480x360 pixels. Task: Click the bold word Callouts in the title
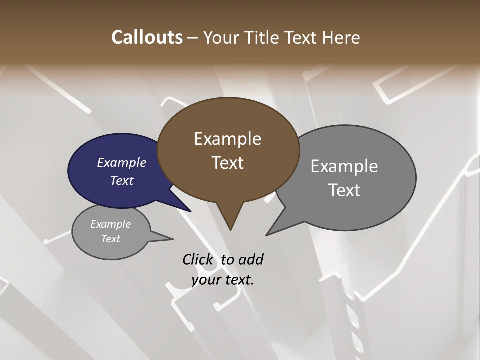(x=147, y=37)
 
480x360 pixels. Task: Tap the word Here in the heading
(x=341, y=37)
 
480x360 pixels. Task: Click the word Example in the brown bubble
(x=227, y=139)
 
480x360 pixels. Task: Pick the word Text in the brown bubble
(x=227, y=163)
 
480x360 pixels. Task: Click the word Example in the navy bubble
(x=122, y=163)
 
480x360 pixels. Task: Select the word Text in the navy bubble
(x=122, y=180)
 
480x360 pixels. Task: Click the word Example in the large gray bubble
(x=344, y=166)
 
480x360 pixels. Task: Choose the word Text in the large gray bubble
(x=344, y=190)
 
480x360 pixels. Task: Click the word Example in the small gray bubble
(x=110, y=224)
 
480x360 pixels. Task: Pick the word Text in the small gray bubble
(x=110, y=239)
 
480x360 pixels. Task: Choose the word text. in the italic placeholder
(x=238, y=280)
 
